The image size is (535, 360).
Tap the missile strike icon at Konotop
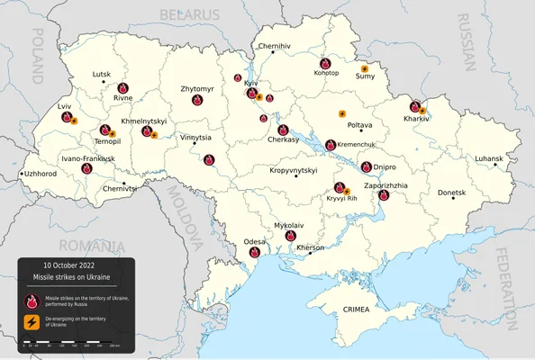pos(325,63)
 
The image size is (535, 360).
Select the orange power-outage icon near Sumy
pos(365,67)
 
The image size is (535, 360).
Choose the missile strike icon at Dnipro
pos(367,166)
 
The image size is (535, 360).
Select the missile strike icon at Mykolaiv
pos(291,236)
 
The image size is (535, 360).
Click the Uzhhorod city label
pos(41,173)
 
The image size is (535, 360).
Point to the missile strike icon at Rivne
pos(122,87)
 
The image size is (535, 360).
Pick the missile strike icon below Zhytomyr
pos(195,102)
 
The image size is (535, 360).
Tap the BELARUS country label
pos(189,15)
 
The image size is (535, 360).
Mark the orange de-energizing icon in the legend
pos(32,321)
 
